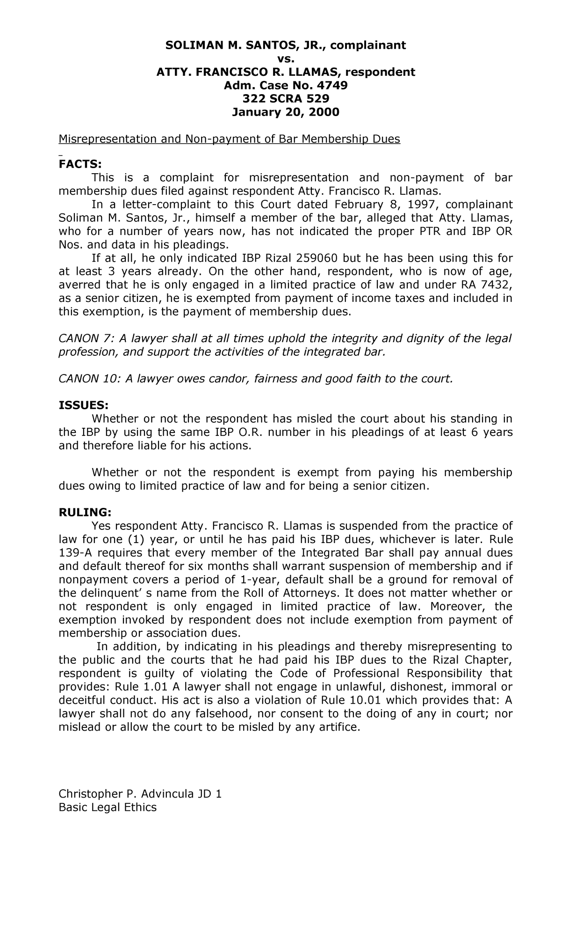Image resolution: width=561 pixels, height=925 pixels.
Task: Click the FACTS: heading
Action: coord(79,164)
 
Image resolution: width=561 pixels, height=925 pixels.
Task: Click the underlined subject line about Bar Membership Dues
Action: coord(229,139)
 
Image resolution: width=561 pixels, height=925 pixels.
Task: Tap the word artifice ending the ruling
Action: coord(339,727)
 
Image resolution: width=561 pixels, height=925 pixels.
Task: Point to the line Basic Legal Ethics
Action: coord(107,808)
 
